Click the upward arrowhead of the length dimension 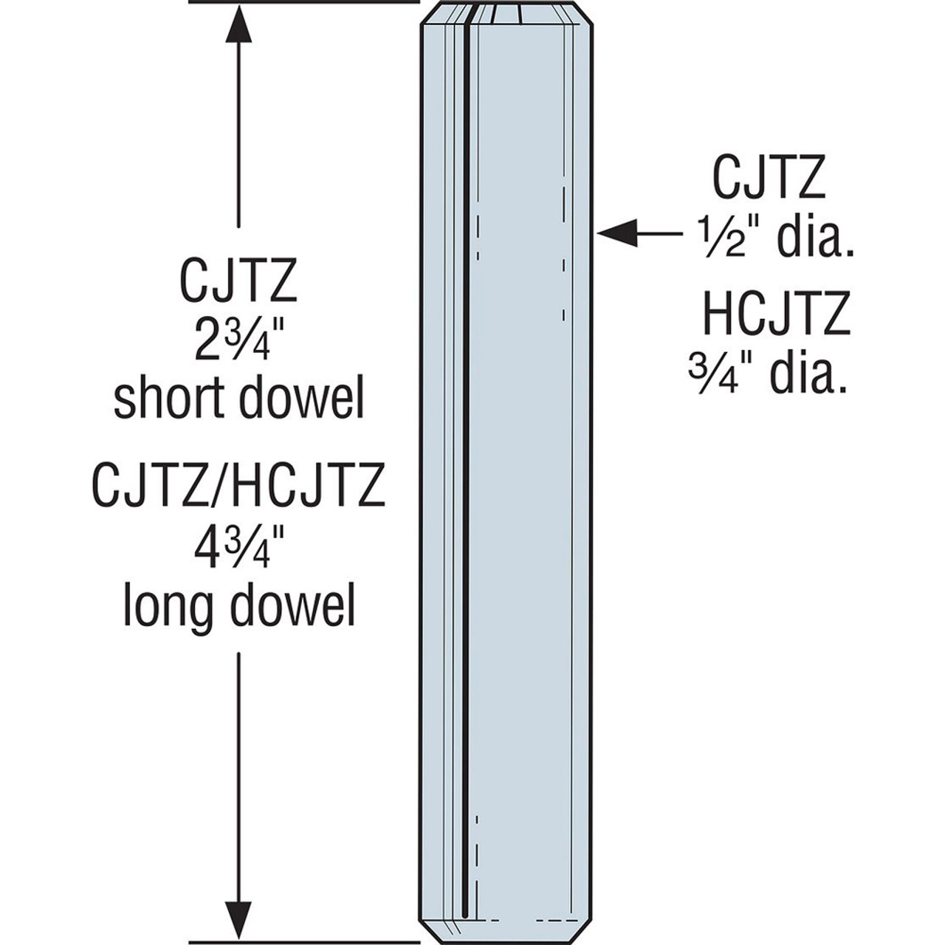tap(238, 30)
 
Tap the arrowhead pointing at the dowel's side tap(616, 233)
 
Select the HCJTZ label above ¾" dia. tap(775, 315)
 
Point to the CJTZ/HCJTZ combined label tap(238, 486)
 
